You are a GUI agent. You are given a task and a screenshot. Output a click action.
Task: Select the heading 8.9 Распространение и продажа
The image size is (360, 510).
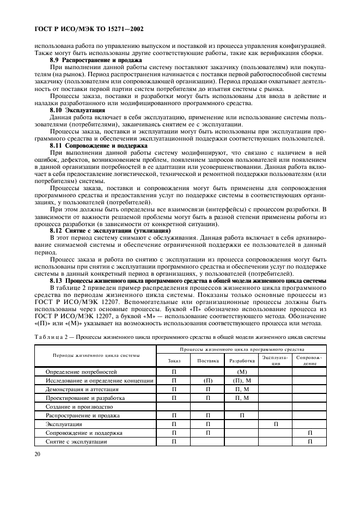96,59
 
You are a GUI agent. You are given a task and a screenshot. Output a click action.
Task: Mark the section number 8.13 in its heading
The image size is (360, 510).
57,281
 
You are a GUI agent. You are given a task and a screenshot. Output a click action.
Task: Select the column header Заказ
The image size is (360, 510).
174,360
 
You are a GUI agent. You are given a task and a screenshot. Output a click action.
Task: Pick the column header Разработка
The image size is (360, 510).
242,360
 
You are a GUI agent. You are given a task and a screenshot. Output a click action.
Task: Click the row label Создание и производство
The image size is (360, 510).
80,406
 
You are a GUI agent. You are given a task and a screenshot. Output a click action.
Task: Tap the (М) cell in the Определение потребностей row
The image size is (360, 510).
242,372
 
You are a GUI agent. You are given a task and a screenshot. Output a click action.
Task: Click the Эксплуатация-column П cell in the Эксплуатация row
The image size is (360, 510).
276,424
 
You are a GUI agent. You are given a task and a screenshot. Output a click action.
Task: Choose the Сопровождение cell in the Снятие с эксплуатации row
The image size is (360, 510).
309,441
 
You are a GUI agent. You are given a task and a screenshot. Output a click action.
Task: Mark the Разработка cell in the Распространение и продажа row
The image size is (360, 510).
242,415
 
